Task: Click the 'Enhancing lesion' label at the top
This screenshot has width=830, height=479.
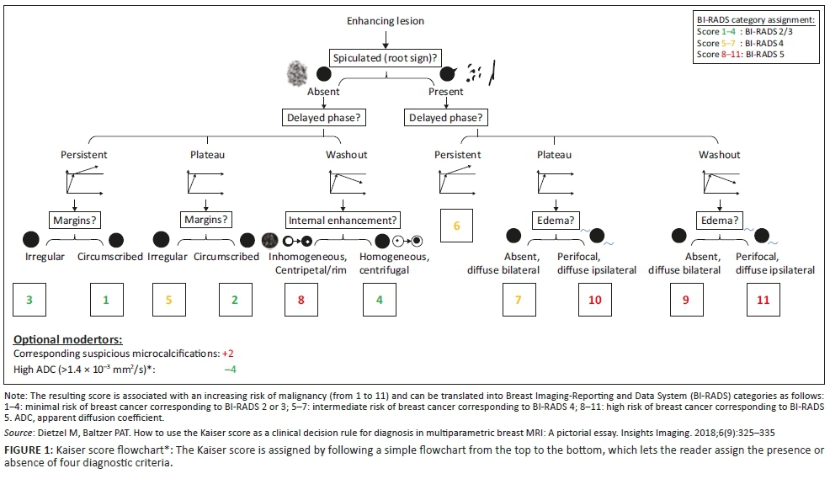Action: coord(386,20)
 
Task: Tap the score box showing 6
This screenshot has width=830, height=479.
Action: coord(457,226)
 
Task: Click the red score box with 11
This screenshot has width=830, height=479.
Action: coord(763,300)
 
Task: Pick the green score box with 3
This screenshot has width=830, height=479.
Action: coord(29,300)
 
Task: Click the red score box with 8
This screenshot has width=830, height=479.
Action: coord(301,300)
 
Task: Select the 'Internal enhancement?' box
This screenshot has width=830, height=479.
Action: coord(343,221)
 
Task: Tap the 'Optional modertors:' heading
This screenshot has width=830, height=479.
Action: coord(67,339)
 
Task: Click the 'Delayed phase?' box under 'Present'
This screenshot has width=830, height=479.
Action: coord(446,118)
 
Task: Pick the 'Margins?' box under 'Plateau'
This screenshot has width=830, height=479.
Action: coord(205,221)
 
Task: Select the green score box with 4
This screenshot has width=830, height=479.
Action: coord(380,300)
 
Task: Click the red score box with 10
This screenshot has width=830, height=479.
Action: coord(594,300)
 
